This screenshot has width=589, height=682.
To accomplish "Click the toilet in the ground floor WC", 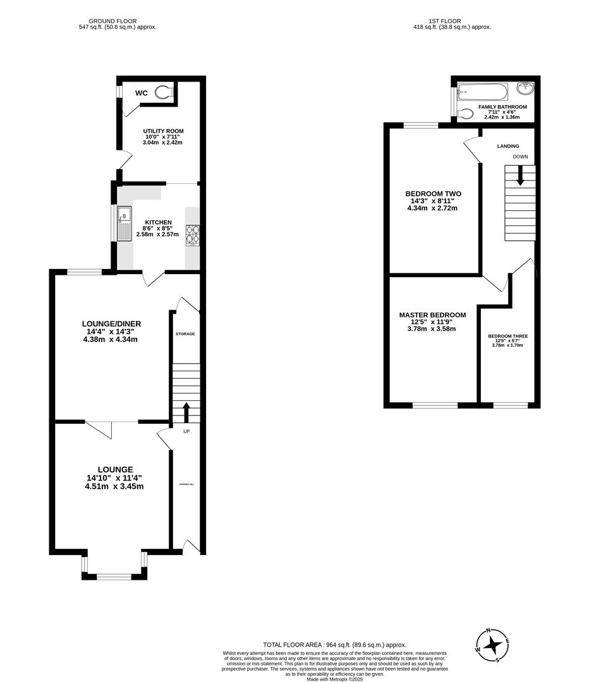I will pyautogui.click(x=164, y=93).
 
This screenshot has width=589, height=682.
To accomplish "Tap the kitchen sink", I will pyautogui.click(x=124, y=225).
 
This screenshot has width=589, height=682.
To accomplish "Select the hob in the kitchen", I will pyautogui.click(x=192, y=235).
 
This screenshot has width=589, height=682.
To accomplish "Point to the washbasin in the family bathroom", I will pyautogui.click(x=525, y=89).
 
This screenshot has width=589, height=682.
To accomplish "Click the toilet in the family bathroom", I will pyautogui.click(x=466, y=114).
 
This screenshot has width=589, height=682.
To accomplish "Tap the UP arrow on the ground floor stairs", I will pyautogui.click(x=186, y=412).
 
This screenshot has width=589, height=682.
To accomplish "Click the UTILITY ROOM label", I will pyautogui.click(x=163, y=131).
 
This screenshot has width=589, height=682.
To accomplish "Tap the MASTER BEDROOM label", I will pyautogui.click(x=432, y=315).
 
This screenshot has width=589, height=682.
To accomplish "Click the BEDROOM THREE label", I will pyautogui.click(x=507, y=337).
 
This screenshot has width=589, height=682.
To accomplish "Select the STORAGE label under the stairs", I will pyautogui.click(x=185, y=333).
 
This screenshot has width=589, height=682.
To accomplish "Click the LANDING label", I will pyautogui.click(x=508, y=146).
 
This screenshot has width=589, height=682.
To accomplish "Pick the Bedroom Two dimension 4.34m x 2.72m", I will pyautogui.click(x=433, y=208).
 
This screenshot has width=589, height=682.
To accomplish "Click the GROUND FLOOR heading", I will pyautogui.click(x=112, y=21).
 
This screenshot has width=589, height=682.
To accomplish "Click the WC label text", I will pyautogui.click(x=142, y=93).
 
